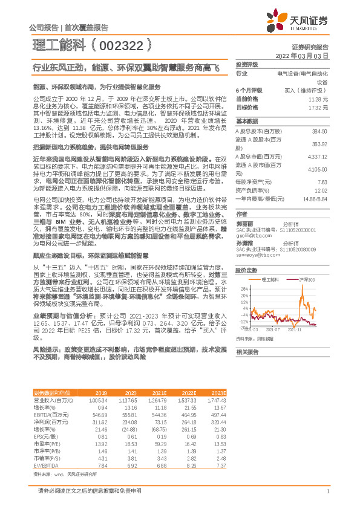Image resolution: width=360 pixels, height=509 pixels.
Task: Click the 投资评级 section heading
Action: (x=247, y=64)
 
